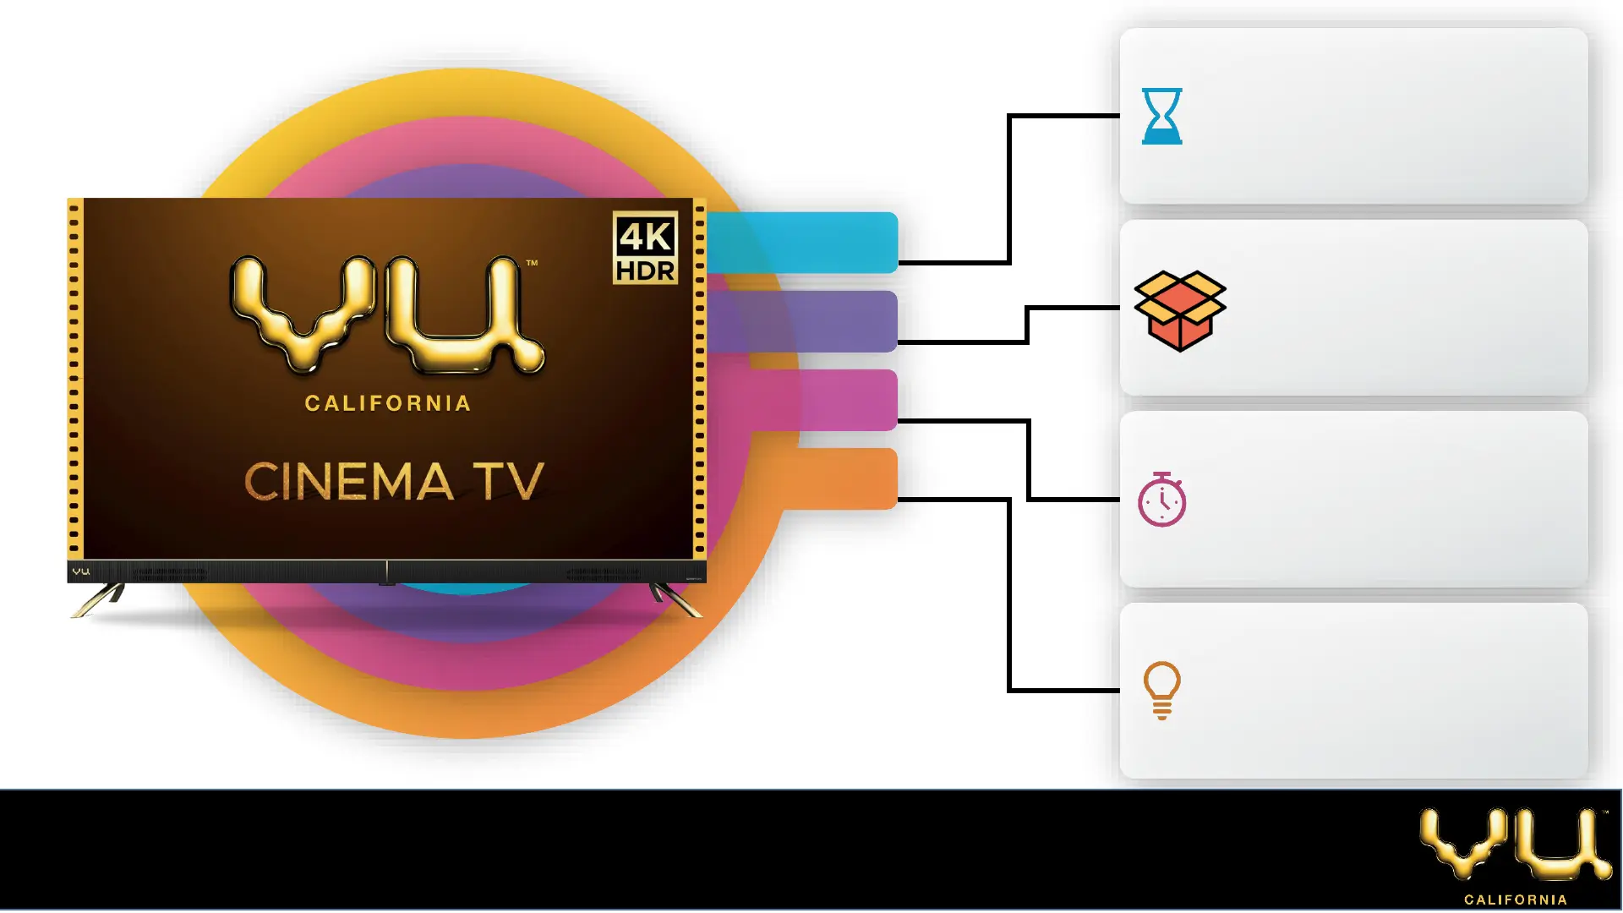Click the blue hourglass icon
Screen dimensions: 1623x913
[x=1161, y=116]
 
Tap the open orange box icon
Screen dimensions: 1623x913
[x=1179, y=310]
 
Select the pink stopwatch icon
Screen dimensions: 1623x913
[x=1162, y=500]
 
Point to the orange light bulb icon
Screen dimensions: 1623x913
[x=1161, y=690]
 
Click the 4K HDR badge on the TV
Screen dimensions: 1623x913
[x=645, y=248]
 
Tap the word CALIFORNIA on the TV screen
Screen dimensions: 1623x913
[x=388, y=403]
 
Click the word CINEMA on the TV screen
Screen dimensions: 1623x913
[x=349, y=482]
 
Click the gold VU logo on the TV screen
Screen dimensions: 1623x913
[x=387, y=314]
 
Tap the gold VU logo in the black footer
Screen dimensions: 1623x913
[x=1515, y=845]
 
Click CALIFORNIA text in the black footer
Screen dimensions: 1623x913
[x=1516, y=899]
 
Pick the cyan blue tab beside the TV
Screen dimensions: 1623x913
[x=803, y=243]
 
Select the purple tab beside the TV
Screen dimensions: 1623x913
[x=803, y=321]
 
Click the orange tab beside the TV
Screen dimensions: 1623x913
[x=845, y=478]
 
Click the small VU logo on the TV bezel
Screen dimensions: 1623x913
[x=81, y=571]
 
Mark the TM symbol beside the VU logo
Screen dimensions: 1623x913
[x=532, y=263]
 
